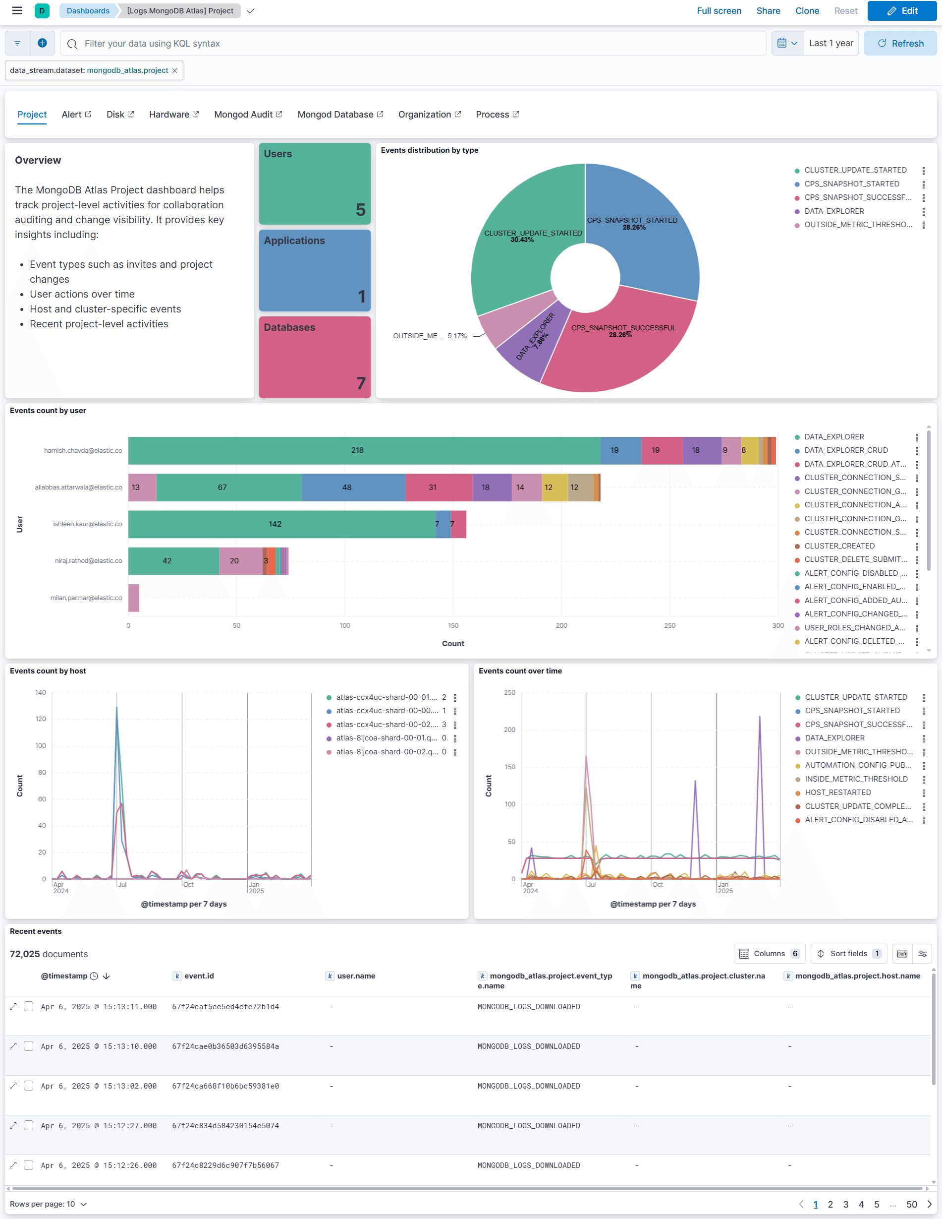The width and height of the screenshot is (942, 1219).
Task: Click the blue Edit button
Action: click(901, 10)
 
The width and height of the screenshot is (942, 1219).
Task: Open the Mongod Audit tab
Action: click(248, 115)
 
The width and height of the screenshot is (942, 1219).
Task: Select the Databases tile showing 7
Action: click(315, 357)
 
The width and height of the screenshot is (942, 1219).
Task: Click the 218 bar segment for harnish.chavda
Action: click(357, 450)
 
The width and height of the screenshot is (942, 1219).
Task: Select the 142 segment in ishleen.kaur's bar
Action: click(275, 524)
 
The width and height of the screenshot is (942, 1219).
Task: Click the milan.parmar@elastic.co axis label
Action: click(86, 598)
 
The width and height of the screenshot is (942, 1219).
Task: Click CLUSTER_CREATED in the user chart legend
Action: click(839, 546)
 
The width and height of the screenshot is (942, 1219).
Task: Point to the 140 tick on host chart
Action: click(41, 693)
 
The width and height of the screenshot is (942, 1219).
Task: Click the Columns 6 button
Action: click(770, 954)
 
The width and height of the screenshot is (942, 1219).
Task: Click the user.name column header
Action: click(356, 976)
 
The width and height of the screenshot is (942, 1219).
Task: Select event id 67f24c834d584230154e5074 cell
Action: click(225, 1126)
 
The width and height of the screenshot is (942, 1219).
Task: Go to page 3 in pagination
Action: click(845, 1204)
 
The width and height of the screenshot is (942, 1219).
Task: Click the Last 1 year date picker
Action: click(831, 44)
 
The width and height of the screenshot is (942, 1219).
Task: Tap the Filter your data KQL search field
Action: click(413, 44)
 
